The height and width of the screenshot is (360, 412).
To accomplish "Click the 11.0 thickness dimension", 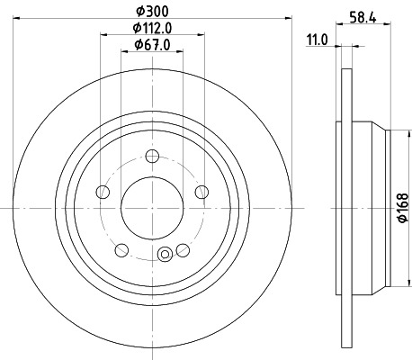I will tap(316, 40).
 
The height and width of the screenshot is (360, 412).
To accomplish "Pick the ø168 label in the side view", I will tap(403, 210).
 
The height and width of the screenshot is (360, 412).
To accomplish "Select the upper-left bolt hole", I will tap(103, 192).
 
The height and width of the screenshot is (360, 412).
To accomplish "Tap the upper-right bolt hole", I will tap(201, 191).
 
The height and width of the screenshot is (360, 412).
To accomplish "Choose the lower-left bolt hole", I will tap(121, 249).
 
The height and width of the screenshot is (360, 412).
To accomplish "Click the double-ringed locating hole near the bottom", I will tap(164, 256).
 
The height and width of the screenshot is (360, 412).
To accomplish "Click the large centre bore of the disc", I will tap(151, 208).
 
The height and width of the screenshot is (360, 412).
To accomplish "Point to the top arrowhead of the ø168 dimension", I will tap(394, 130).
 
